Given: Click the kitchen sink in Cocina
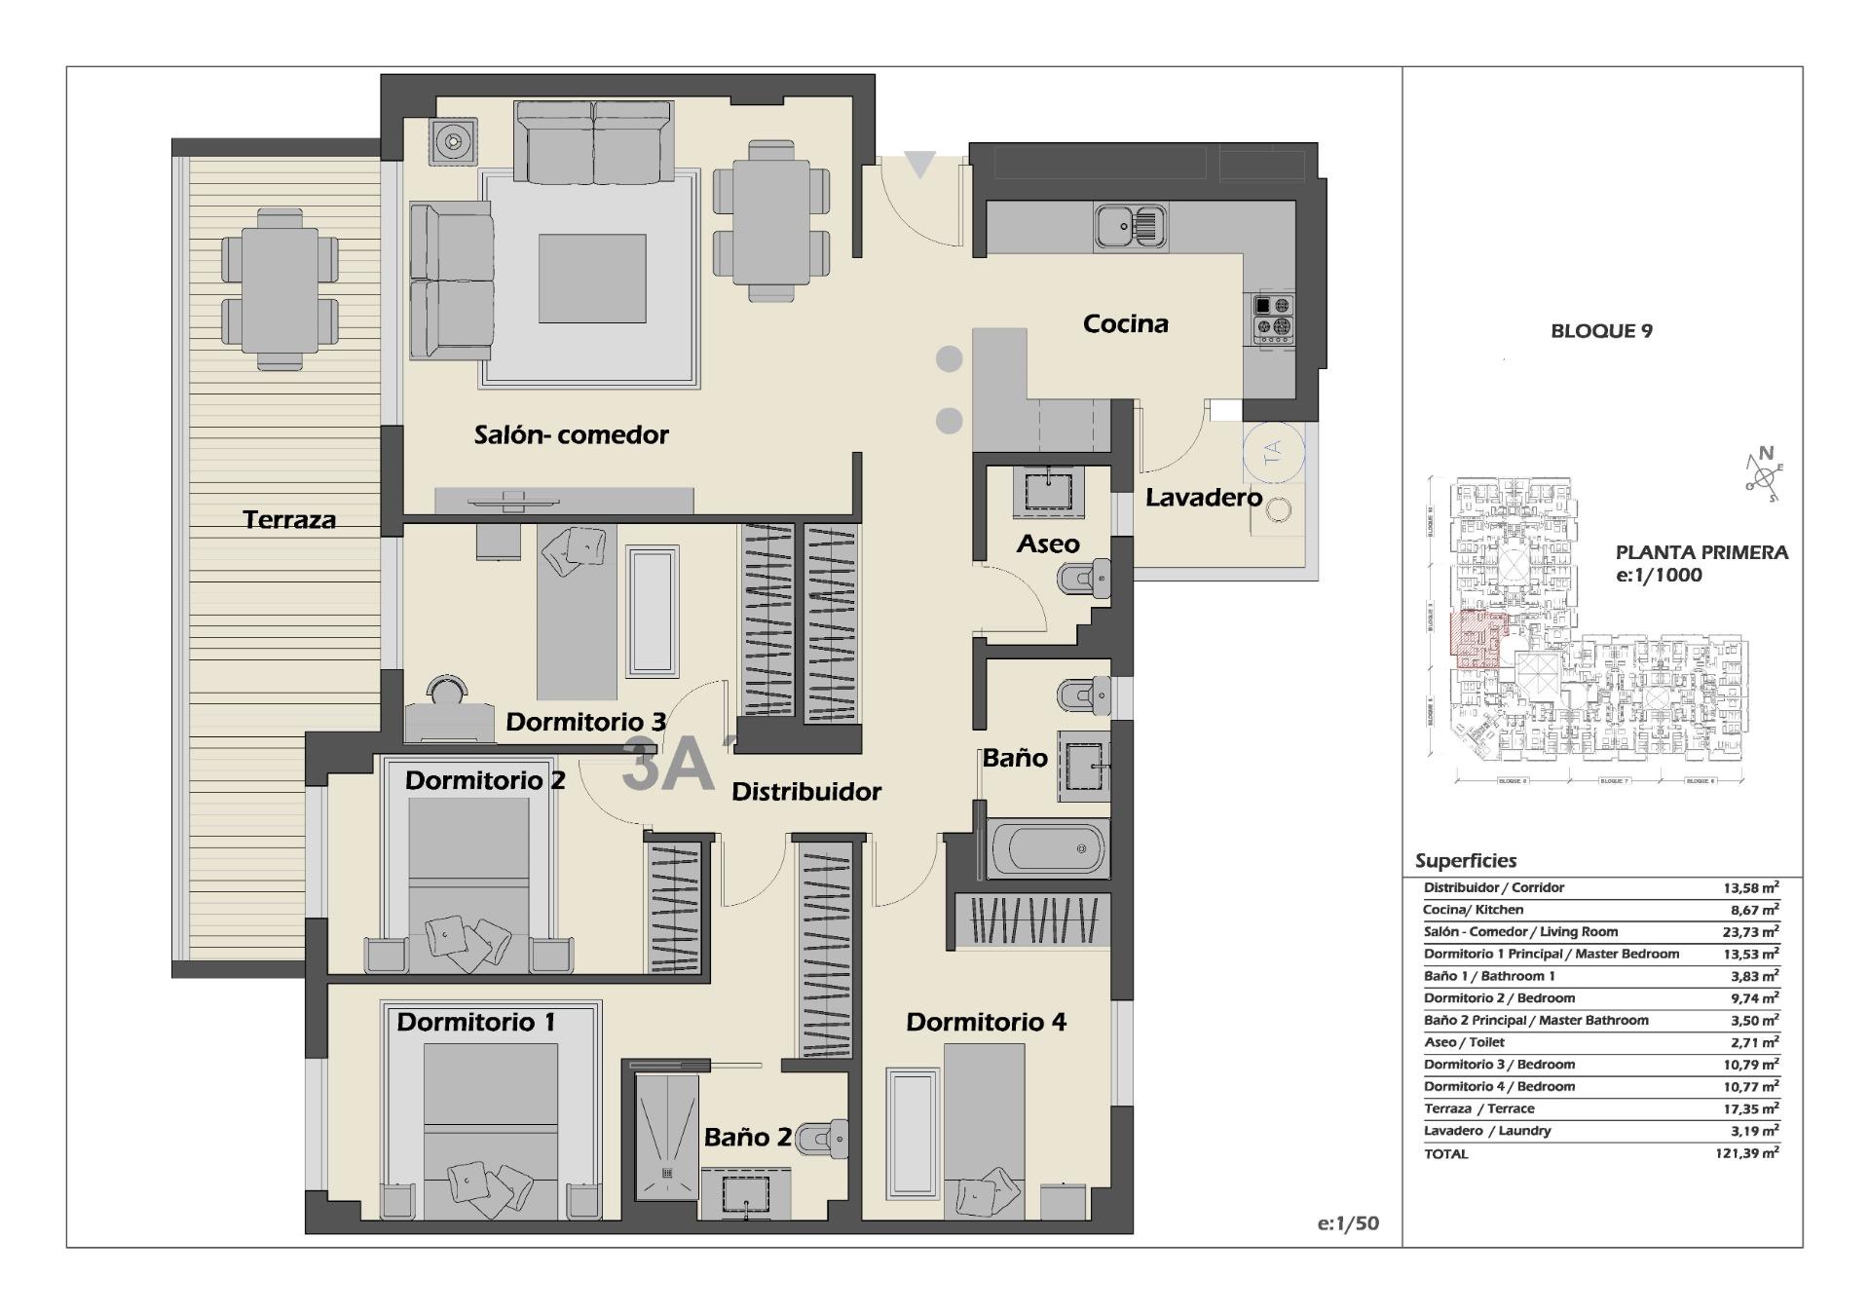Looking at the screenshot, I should pyautogui.click(x=1129, y=227).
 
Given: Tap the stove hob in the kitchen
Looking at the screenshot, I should pyautogui.click(x=1273, y=318).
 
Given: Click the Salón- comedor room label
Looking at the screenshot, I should pyautogui.click(x=571, y=434).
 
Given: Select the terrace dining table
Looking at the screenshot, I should pyautogui.click(x=280, y=289).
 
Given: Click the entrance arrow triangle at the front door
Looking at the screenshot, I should pyautogui.click(x=919, y=165).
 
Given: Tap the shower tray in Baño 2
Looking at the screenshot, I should pyautogui.click(x=667, y=1136).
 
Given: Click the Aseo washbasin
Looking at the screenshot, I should pyautogui.click(x=1049, y=490).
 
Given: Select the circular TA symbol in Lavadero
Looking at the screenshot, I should pyautogui.click(x=1272, y=452).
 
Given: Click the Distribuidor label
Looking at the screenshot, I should pyautogui.click(x=806, y=792).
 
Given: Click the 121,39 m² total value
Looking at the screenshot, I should pyautogui.click(x=1746, y=1153).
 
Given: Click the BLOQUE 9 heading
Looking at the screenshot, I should pyautogui.click(x=1601, y=331).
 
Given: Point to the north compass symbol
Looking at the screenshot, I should pyautogui.click(x=1762, y=473).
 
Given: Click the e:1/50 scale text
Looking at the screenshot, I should pyautogui.click(x=1348, y=1223).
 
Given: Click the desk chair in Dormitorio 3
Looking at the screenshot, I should pyautogui.click(x=448, y=690).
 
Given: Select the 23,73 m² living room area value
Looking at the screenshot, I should pyautogui.click(x=1750, y=932).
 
